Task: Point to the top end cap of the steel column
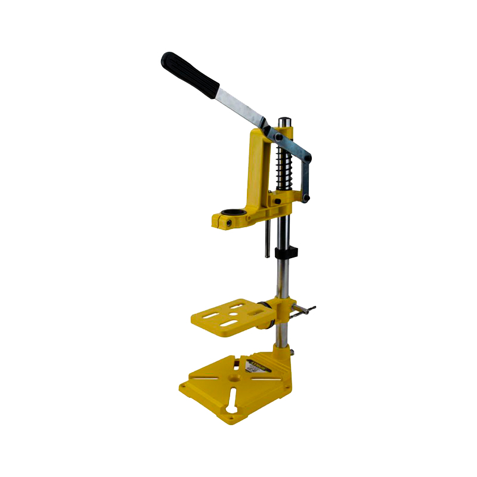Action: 284,122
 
